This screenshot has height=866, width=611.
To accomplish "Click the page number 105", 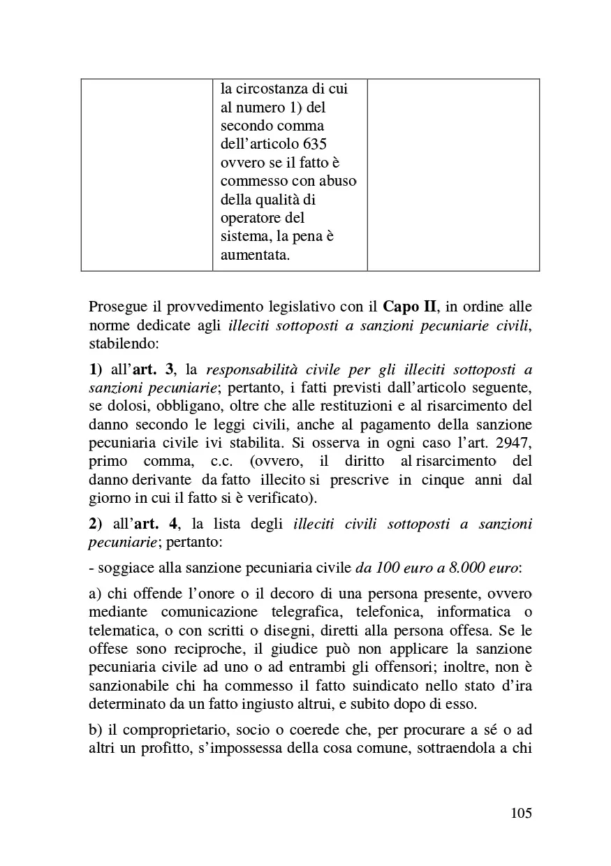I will tap(521, 813).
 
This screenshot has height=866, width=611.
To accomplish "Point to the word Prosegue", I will tap(116, 306).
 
